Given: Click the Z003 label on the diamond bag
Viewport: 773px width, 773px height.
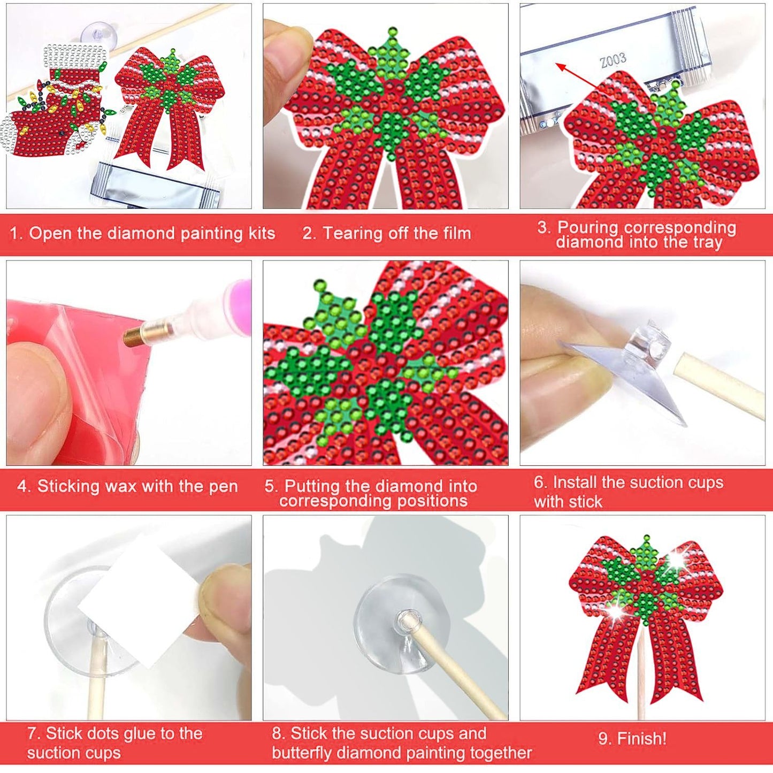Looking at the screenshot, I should (613, 59).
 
